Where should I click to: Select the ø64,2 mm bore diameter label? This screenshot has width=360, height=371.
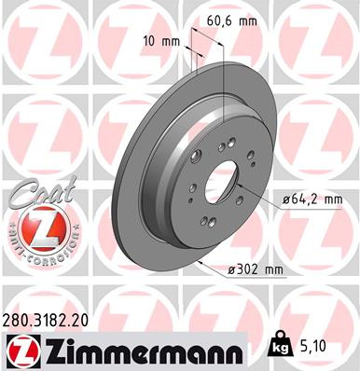click(x=312, y=200)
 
